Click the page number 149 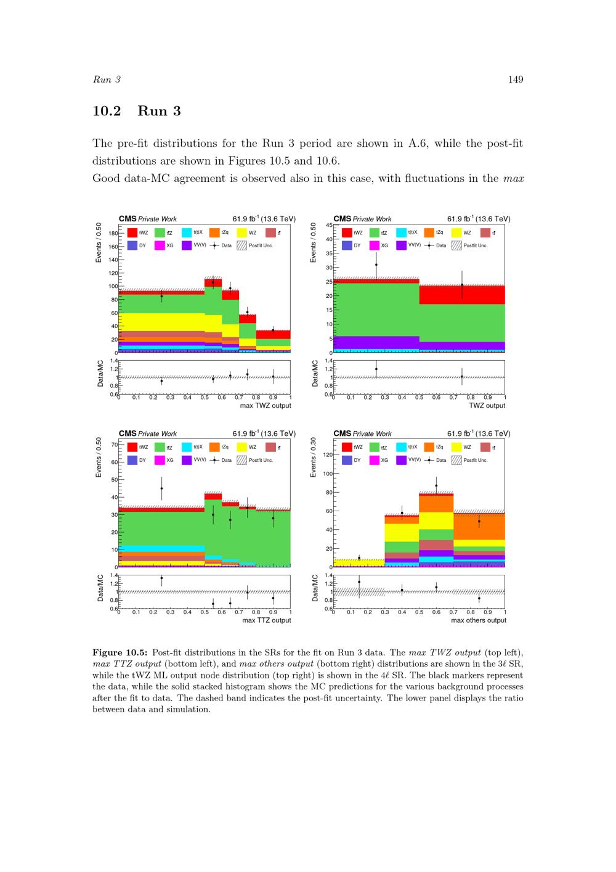pos(516,79)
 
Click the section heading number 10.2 pos(107,111)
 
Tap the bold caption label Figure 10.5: pos(120,652)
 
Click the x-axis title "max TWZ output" pos(265,406)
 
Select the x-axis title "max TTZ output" pos(267,620)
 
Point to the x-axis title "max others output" pos(479,620)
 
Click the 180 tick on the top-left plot pos(113,234)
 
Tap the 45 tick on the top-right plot pos(329,225)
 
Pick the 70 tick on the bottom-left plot pos(114,444)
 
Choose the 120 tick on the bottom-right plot pos(327,455)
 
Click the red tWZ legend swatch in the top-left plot pos(132,233)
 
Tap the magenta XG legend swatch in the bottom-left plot pos(160,460)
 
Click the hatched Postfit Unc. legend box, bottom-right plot pos(456,460)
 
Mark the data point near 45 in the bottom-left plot pos(161,488)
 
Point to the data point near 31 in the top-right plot pos(376,265)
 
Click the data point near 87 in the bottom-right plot pos(436,485)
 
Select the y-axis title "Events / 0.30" pos(314,458)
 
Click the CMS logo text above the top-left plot pos(128,219)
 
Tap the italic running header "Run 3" pos(107,80)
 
